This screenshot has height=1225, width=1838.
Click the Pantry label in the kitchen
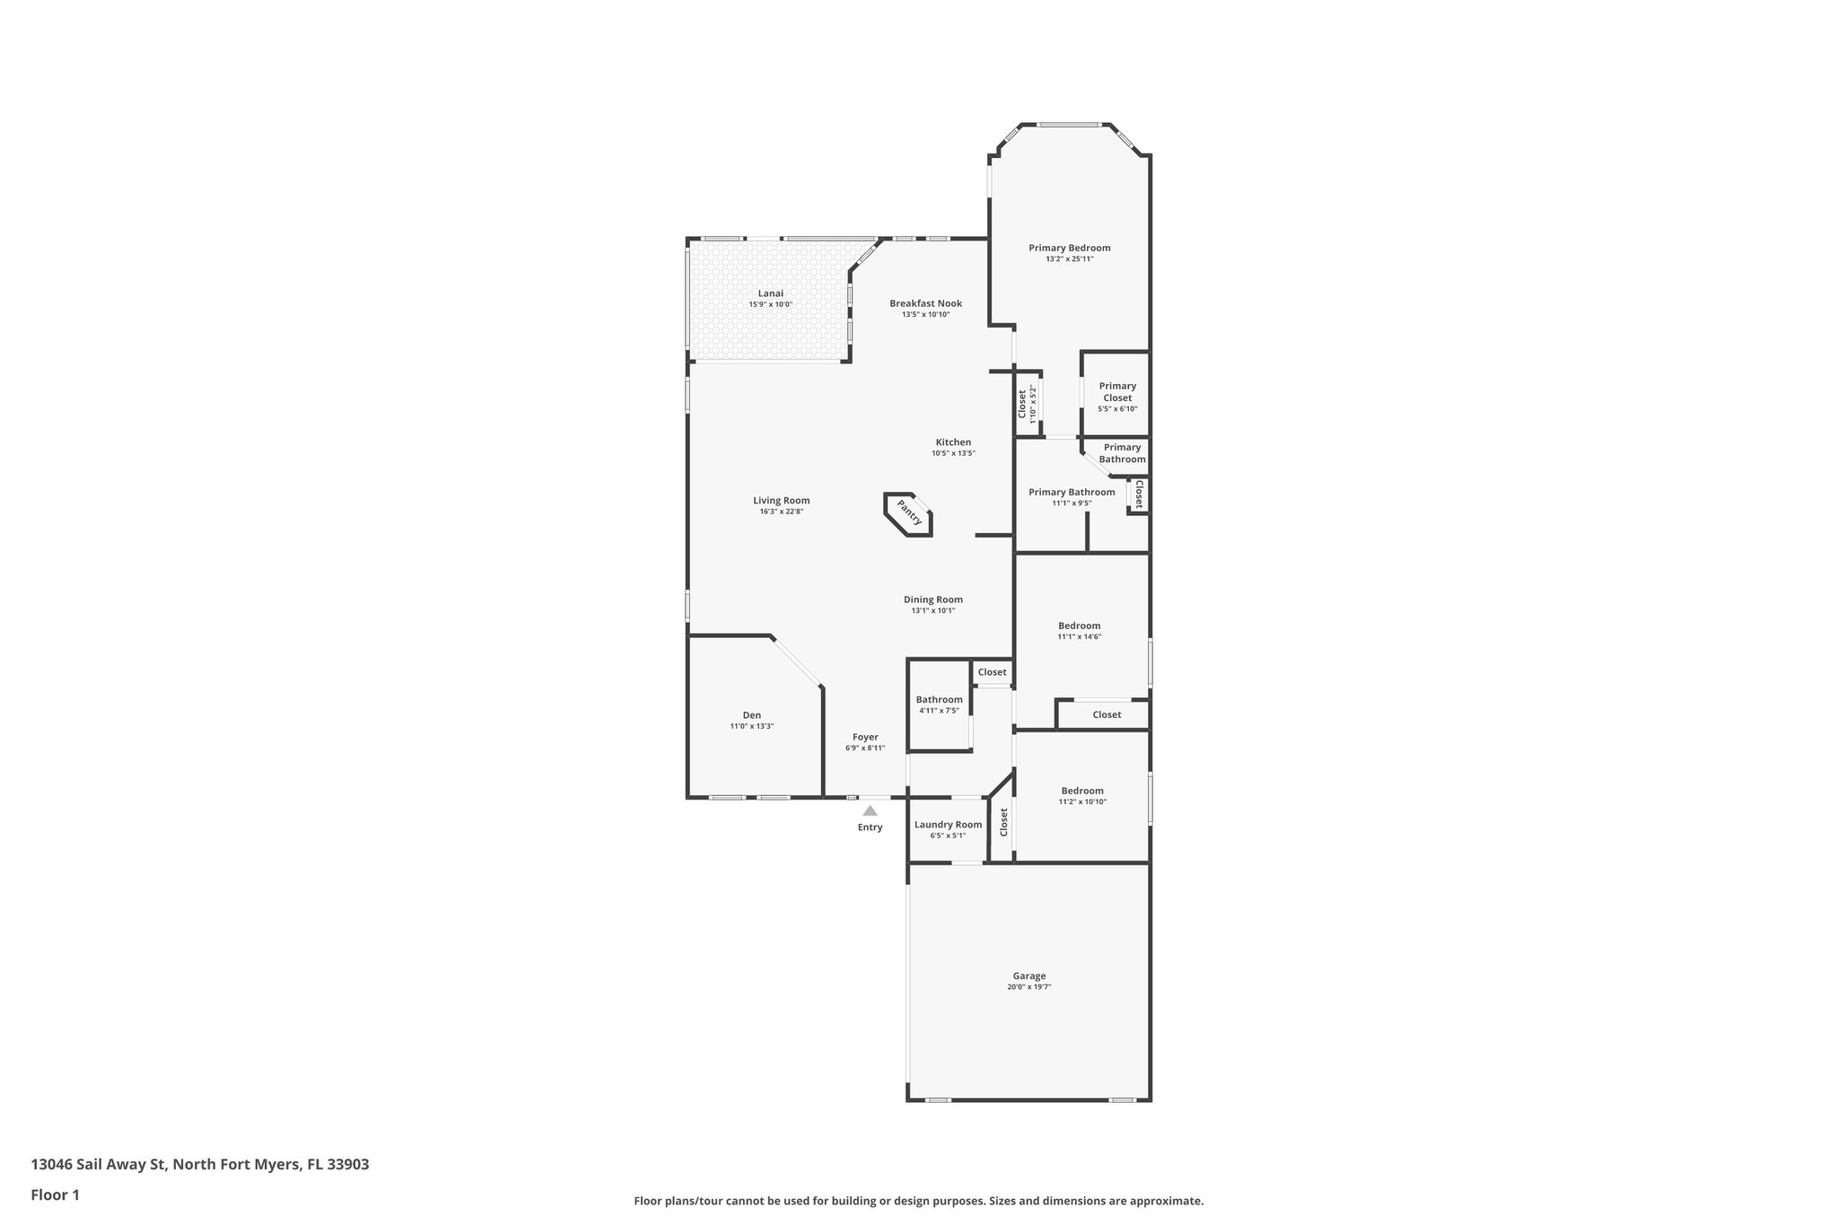click(x=909, y=515)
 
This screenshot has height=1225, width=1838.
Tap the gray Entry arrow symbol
click(x=870, y=810)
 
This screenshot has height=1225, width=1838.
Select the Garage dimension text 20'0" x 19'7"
click(x=1028, y=987)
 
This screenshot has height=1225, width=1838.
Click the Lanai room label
click(x=770, y=293)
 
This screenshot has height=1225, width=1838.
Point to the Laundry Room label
click(x=948, y=825)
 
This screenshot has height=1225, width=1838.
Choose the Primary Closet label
click(x=1117, y=392)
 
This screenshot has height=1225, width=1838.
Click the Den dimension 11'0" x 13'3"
click(x=751, y=726)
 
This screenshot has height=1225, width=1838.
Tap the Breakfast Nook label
click(x=925, y=303)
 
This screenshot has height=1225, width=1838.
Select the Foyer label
click(x=865, y=737)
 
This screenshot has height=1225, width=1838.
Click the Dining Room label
click(x=932, y=599)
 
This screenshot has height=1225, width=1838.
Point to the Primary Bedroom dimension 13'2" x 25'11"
click(x=1069, y=259)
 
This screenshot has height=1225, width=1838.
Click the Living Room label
click(x=781, y=501)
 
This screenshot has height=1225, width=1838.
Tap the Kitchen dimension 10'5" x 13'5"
click(x=953, y=453)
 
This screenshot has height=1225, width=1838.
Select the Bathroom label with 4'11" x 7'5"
click(x=939, y=700)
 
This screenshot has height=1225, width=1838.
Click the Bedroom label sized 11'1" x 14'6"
click(x=1079, y=626)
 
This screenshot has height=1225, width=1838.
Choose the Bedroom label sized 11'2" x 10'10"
click(x=1081, y=791)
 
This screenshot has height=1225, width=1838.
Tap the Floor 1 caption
click(x=55, y=1195)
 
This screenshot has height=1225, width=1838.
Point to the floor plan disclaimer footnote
click(x=918, y=1201)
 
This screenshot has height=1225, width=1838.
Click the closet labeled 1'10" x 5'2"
click(x=1027, y=404)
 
